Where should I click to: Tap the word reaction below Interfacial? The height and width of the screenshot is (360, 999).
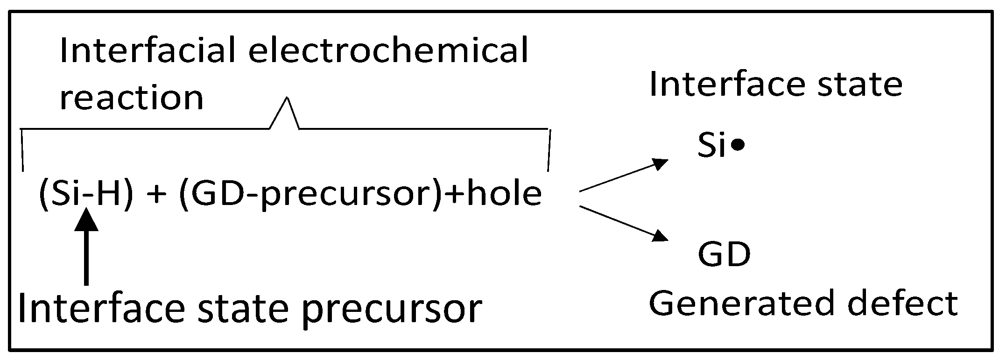click(132, 98)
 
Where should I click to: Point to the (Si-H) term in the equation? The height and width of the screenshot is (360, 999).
click(85, 194)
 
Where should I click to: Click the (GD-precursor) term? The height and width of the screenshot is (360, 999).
click(309, 194)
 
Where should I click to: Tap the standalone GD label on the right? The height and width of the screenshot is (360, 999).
click(724, 254)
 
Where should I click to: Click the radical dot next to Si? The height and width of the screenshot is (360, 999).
click(737, 147)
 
